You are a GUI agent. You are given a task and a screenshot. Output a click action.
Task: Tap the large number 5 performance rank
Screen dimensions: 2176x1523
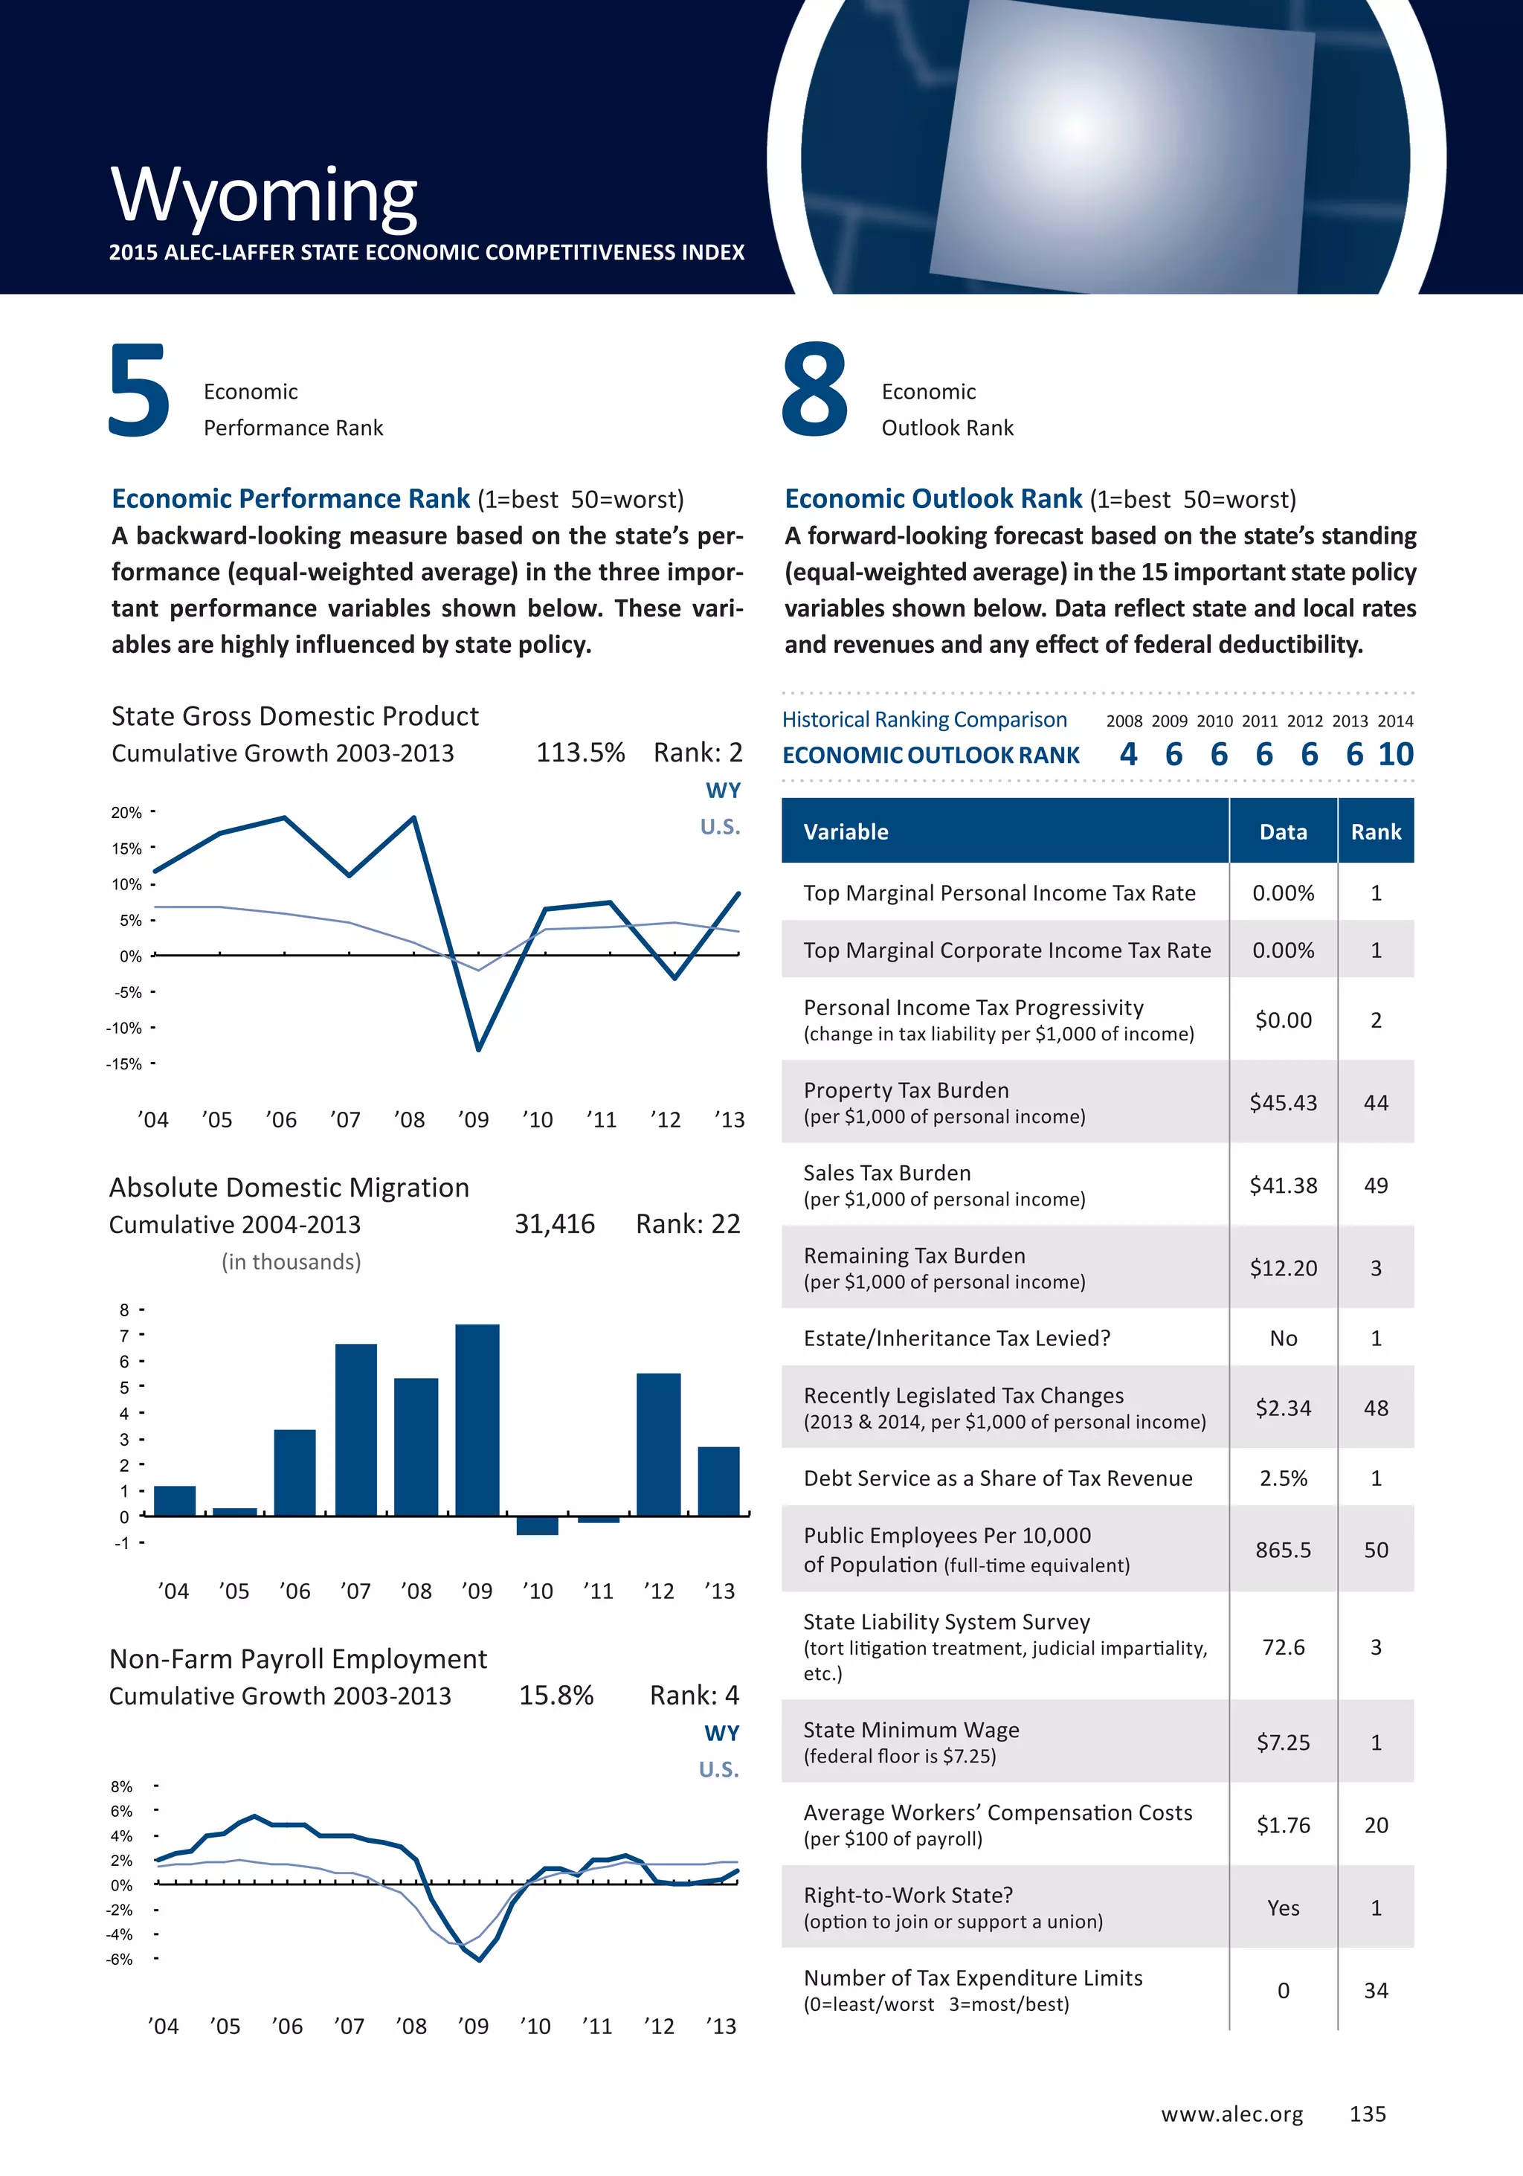click(139, 390)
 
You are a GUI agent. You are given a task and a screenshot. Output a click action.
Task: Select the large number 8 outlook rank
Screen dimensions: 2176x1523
click(814, 390)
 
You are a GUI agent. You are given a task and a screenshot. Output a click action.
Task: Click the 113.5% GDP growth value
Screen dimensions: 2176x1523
click(580, 753)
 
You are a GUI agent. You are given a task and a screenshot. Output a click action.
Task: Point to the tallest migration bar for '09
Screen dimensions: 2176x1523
click(477, 1419)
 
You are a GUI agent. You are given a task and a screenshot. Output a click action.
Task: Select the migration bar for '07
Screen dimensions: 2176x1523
click(355, 1429)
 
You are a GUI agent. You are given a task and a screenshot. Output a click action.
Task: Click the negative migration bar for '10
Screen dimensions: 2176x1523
click(538, 1525)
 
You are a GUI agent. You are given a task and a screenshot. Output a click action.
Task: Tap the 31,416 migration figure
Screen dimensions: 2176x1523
click(555, 1225)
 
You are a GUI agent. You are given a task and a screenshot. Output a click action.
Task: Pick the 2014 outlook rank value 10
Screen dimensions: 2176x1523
click(1395, 754)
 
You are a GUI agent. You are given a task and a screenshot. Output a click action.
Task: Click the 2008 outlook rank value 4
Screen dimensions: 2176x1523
click(1128, 754)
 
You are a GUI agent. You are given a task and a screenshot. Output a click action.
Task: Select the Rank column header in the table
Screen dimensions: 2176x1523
click(1375, 832)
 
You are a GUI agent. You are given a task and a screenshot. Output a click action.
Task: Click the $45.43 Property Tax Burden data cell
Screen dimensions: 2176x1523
click(1284, 1103)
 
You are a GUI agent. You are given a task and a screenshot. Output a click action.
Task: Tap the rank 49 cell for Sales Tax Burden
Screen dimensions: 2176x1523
click(1375, 1185)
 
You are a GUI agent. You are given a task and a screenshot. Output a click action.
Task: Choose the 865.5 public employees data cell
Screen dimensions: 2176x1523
click(1284, 1551)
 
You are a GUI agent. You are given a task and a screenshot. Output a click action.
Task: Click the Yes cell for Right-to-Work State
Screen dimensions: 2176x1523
click(1284, 1908)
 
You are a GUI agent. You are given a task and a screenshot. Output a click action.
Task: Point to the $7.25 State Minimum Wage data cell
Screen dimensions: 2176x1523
click(1284, 1743)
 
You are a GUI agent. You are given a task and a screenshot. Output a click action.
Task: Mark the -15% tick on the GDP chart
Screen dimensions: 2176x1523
click(124, 1064)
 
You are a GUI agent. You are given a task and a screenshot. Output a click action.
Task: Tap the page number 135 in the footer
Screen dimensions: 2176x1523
click(1368, 2114)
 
